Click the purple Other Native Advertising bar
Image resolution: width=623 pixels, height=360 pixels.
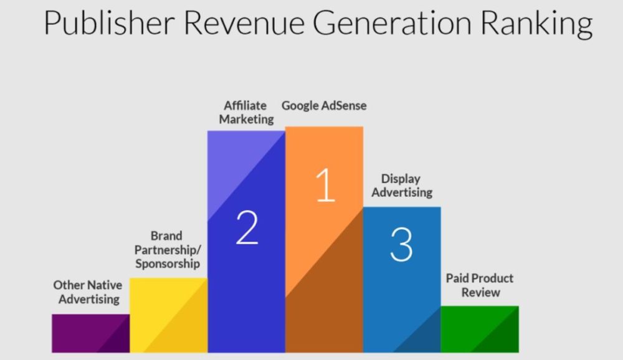[x=90, y=333]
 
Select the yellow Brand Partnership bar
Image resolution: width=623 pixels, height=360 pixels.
[x=168, y=315]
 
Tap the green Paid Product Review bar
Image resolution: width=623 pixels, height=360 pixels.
[x=480, y=329]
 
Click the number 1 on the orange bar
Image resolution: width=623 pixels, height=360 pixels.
[x=325, y=185]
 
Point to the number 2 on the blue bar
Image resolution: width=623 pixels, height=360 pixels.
[x=247, y=227]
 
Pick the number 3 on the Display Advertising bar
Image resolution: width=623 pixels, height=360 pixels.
[x=401, y=244]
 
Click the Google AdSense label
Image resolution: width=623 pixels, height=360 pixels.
[x=324, y=106]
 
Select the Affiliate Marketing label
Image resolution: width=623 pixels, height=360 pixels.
[x=246, y=113]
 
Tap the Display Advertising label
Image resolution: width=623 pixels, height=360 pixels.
[x=402, y=186]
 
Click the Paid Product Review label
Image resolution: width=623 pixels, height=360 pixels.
[x=480, y=285]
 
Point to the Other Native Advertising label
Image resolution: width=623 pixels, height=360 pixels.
[x=88, y=292]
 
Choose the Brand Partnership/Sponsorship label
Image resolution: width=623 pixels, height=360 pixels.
[x=167, y=250]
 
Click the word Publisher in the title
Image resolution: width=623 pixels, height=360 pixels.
[x=109, y=24]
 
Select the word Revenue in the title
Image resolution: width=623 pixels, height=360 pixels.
[x=244, y=24]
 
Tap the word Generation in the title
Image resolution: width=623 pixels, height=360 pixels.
[x=392, y=24]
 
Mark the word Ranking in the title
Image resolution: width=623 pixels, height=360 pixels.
[x=536, y=24]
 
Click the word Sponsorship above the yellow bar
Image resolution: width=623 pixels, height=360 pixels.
[x=167, y=264]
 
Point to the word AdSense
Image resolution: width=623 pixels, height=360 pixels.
[x=344, y=106]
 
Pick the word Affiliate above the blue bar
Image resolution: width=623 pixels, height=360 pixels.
[x=245, y=106]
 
